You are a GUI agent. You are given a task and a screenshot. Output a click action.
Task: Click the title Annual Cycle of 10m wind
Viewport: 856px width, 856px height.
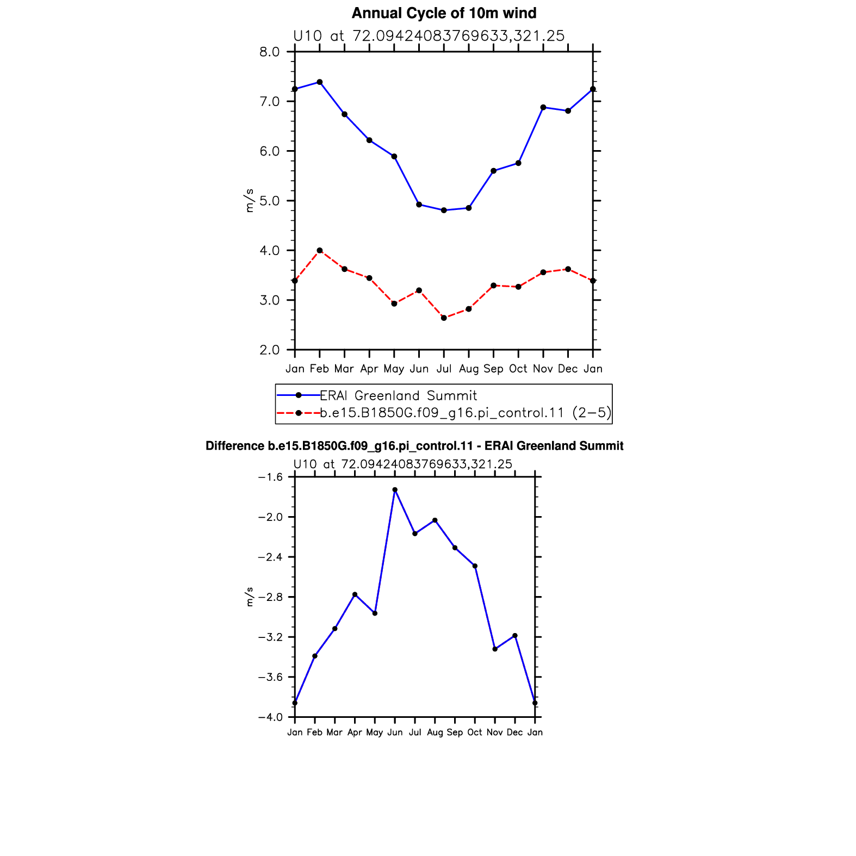pyautogui.click(x=444, y=13)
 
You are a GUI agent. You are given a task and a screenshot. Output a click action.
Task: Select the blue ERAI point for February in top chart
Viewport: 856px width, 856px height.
pyautogui.click(x=320, y=82)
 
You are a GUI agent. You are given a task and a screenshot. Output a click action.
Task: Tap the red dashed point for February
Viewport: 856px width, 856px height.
pyautogui.click(x=320, y=251)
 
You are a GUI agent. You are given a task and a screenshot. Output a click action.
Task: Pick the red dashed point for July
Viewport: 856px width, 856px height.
pyautogui.click(x=444, y=318)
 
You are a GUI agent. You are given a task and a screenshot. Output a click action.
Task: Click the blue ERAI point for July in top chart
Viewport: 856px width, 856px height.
pyautogui.click(x=444, y=210)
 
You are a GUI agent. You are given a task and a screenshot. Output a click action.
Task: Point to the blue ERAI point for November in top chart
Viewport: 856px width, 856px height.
pyautogui.click(x=543, y=108)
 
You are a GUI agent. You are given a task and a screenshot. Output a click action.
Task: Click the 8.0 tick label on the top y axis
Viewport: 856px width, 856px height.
pyautogui.click(x=269, y=52)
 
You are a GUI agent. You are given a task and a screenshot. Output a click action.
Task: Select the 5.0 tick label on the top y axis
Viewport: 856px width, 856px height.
pyautogui.click(x=269, y=201)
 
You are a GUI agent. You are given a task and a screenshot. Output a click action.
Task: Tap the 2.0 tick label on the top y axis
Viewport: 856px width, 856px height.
pyautogui.click(x=269, y=350)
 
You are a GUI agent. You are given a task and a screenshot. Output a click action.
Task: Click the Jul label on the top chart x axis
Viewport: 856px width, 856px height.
pyautogui.click(x=444, y=369)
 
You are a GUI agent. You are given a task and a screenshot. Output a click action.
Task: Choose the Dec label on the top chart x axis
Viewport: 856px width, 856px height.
pyautogui.click(x=568, y=369)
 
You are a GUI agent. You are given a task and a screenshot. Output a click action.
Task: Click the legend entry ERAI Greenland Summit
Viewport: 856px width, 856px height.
pyautogui.click(x=398, y=396)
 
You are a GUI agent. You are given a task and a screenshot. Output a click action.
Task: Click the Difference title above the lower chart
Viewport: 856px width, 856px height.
pyautogui.click(x=414, y=446)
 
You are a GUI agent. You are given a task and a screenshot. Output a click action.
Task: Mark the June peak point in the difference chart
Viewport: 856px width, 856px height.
pyautogui.click(x=395, y=490)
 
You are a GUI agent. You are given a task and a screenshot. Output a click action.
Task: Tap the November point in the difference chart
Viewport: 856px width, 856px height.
pyautogui.click(x=495, y=649)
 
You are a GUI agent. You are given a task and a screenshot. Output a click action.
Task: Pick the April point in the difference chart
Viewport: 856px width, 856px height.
pyautogui.click(x=355, y=594)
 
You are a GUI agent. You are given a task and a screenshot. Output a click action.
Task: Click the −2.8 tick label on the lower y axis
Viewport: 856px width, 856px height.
pyautogui.click(x=271, y=597)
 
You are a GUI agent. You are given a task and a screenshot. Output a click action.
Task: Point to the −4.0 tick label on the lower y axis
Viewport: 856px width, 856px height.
pyautogui.click(x=271, y=717)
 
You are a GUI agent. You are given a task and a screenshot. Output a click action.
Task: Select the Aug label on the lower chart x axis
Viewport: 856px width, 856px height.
pyautogui.click(x=435, y=733)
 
